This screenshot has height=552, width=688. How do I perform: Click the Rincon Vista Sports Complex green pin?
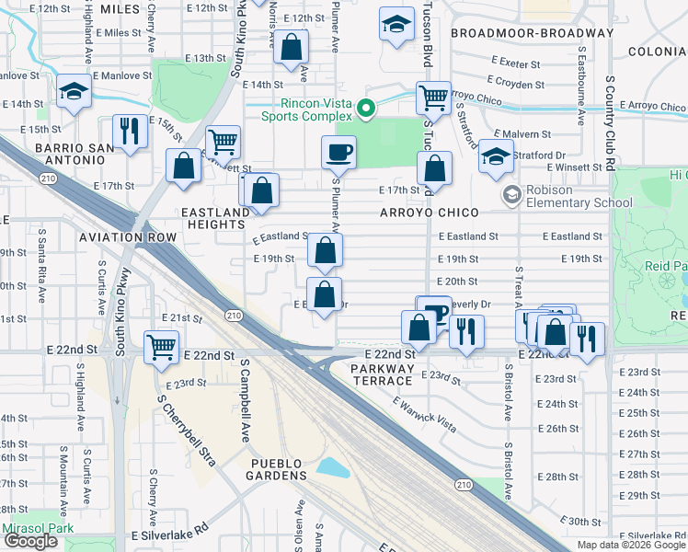[366, 110]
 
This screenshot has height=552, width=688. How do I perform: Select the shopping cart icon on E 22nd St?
[161, 347]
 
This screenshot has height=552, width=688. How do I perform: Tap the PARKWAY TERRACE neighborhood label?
[383, 374]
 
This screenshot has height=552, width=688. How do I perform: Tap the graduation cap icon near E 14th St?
[72, 93]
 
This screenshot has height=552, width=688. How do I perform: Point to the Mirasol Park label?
[36, 529]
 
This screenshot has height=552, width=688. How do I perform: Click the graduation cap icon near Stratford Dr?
[495, 156]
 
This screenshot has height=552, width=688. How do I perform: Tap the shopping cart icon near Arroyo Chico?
[432, 97]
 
